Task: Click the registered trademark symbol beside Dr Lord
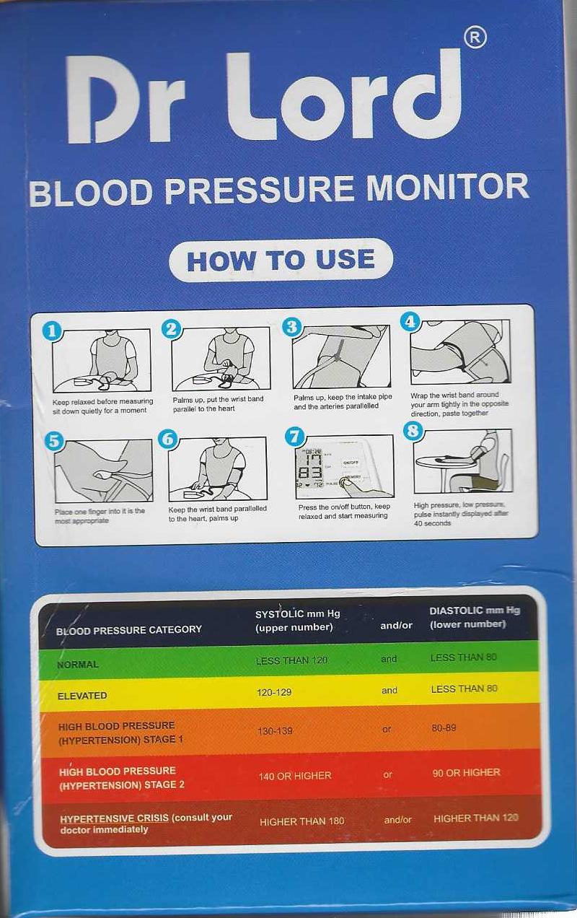pyautogui.click(x=475, y=38)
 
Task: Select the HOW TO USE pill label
pyautogui.click(x=281, y=260)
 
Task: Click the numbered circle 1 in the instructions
pyautogui.click(x=51, y=331)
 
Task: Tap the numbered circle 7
pyautogui.click(x=294, y=436)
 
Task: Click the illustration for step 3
pyautogui.click(x=340, y=357)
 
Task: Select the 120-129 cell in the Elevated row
pyautogui.click(x=274, y=692)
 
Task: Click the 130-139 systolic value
pyautogui.click(x=275, y=731)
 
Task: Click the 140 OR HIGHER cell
pyautogui.click(x=295, y=776)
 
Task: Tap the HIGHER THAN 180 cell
pyautogui.click(x=301, y=821)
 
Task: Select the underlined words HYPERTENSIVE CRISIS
pyautogui.click(x=114, y=818)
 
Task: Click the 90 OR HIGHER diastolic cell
pyautogui.click(x=466, y=772)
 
